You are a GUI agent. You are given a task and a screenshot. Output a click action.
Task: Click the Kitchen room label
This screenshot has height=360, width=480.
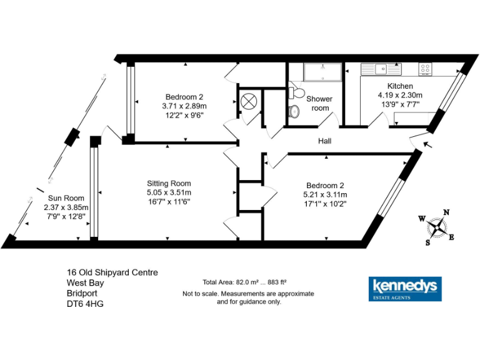(400, 86)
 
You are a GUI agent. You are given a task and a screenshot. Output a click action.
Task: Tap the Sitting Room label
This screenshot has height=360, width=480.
(169, 183)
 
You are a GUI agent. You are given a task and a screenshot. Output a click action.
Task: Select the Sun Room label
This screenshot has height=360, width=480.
(61, 198)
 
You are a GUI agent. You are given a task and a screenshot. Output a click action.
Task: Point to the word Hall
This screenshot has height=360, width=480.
(324, 141)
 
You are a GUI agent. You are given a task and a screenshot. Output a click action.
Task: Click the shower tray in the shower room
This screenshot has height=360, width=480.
(323, 72)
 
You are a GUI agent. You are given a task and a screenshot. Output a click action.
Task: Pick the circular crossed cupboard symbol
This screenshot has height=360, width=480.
(247, 101)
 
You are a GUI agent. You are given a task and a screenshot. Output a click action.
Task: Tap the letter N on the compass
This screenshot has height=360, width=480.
(446, 212)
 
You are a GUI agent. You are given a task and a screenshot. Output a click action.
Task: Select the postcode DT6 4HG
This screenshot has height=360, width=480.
(86, 304)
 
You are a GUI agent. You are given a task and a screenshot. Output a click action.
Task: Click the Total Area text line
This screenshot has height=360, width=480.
(244, 282)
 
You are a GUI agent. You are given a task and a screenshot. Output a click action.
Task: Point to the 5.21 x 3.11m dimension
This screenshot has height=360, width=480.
(325, 194)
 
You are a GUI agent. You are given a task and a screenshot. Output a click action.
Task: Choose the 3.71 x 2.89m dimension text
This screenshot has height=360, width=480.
(184, 106)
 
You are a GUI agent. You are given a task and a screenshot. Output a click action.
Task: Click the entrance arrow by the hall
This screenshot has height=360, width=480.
(427, 146)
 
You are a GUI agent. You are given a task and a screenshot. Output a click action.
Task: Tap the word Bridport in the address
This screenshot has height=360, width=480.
(83, 294)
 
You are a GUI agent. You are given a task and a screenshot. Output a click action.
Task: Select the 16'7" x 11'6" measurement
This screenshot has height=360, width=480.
(169, 202)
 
